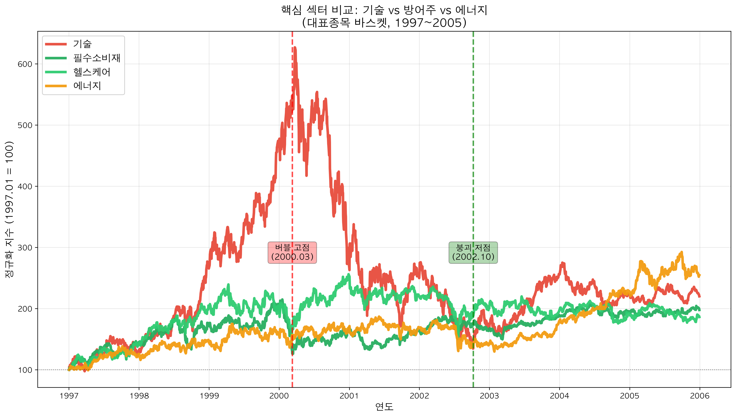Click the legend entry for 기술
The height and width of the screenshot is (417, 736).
point(82,44)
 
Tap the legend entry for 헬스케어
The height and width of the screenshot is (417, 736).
point(92,72)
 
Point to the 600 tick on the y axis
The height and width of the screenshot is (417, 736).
point(25,64)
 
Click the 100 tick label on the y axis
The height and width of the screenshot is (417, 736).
point(25,370)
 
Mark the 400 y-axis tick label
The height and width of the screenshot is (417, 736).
point(25,186)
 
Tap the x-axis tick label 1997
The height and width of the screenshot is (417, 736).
point(69,396)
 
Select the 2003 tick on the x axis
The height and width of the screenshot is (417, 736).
point(489,396)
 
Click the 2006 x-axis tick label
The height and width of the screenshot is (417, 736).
point(700,396)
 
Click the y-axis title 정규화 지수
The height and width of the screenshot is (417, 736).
point(9,209)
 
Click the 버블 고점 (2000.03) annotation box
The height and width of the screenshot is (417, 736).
point(292,252)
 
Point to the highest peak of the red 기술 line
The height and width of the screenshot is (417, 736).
point(294,48)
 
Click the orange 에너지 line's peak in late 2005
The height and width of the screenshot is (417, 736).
point(681,252)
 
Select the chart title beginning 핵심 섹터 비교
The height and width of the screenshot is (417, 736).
point(384,10)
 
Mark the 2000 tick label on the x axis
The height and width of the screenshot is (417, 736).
point(279,396)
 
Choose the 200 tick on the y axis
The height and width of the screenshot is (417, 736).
point(25,309)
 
